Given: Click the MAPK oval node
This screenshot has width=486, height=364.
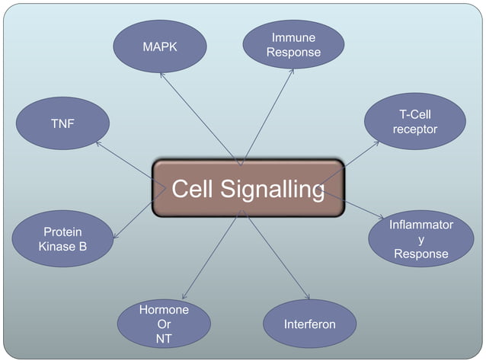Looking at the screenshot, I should click(x=160, y=46).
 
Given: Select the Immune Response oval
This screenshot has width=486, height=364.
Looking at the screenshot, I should click(x=293, y=45).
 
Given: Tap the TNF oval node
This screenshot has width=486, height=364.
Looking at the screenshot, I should click(x=62, y=123).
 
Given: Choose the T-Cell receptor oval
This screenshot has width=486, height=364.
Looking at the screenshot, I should click(x=415, y=122).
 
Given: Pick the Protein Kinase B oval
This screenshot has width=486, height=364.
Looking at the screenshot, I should click(x=62, y=239).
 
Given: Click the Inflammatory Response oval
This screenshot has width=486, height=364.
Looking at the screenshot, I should click(x=421, y=239).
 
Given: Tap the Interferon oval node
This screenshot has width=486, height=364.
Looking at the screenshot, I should click(x=309, y=324).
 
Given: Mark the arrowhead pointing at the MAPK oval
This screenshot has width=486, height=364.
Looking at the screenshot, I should click(x=161, y=74).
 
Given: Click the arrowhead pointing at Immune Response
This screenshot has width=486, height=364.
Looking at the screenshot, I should click(x=293, y=70).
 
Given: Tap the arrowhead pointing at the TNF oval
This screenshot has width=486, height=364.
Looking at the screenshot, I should click(x=98, y=142).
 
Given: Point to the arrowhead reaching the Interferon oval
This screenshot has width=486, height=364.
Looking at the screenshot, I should click(x=309, y=297).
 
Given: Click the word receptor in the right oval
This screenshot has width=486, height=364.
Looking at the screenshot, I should click(x=415, y=129).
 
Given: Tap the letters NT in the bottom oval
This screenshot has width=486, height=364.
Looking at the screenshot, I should click(x=164, y=339).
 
